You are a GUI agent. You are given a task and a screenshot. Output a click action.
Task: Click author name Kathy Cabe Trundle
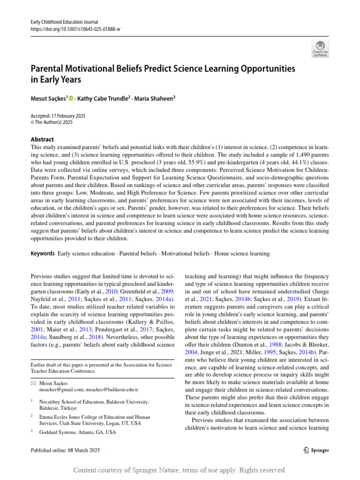(103, 98)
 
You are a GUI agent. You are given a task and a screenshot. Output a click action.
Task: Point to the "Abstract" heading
(42, 139)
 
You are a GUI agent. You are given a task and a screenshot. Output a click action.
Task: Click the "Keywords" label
(42, 254)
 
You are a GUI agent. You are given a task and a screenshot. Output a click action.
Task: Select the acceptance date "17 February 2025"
(68, 116)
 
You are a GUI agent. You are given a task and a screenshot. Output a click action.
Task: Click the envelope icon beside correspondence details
(33, 383)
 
